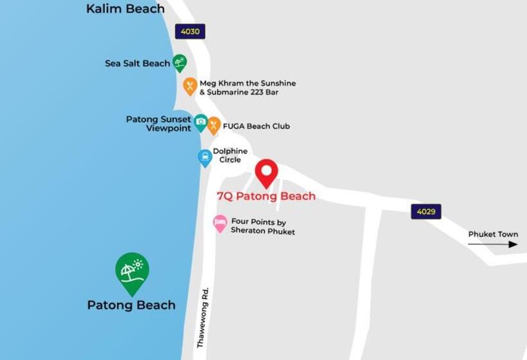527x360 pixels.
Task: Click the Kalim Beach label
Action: [x=125, y=9]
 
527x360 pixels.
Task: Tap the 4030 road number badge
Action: [x=190, y=32]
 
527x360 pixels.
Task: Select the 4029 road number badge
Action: [x=426, y=212]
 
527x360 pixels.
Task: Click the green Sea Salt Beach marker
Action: [x=180, y=62]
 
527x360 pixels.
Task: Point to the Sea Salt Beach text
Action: [x=138, y=64]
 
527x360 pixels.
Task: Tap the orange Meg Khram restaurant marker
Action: [x=190, y=85]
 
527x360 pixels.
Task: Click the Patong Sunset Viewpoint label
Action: [x=159, y=123]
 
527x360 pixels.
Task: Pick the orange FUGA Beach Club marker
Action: [x=214, y=125]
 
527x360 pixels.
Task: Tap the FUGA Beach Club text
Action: [x=256, y=126]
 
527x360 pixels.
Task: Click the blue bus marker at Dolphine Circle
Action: [x=205, y=157]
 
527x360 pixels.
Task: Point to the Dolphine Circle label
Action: [x=230, y=156]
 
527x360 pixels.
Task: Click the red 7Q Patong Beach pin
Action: [x=266, y=172]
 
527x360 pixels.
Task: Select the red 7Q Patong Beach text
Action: [x=266, y=196]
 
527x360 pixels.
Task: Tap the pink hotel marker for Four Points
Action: [x=220, y=223]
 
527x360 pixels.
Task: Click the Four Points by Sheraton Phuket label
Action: [x=262, y=227]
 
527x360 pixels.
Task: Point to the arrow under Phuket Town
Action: [x=492, y=244]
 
